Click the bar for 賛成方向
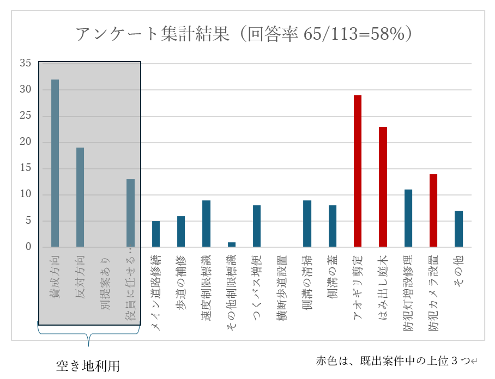[x=55, y=163]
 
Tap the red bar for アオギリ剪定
[x=358, y=171]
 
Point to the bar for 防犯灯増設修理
[x=408, y=218]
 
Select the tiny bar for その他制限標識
[x=232, y=244]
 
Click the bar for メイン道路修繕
[x=156, y=234]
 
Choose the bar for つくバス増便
[x=257, y=226]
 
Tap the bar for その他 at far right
[x=458, y=229]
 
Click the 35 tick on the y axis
[x=26, y=63]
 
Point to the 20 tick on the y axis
[x=26, y=142]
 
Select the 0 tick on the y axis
[x=28, y=247]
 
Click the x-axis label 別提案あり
[x=105, y=283]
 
